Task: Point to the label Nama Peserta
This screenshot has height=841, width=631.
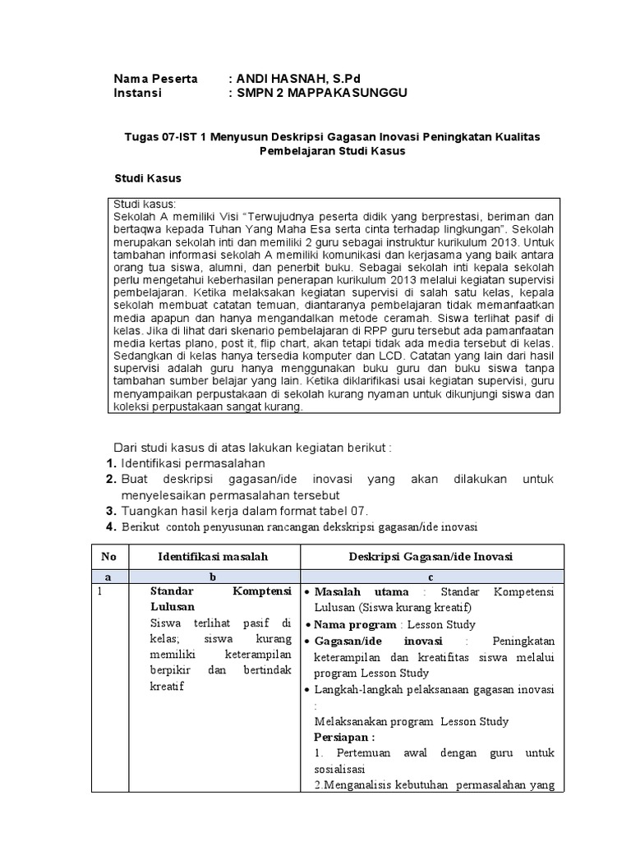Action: [x=155, y=79]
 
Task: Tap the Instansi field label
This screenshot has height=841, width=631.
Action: [x=137, y=93]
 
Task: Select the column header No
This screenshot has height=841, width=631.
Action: [x=109, y=557]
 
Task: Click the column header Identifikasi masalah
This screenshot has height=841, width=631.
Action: [x=213, y=557]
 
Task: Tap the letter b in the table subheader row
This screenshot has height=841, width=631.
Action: [x=213, y=577]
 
